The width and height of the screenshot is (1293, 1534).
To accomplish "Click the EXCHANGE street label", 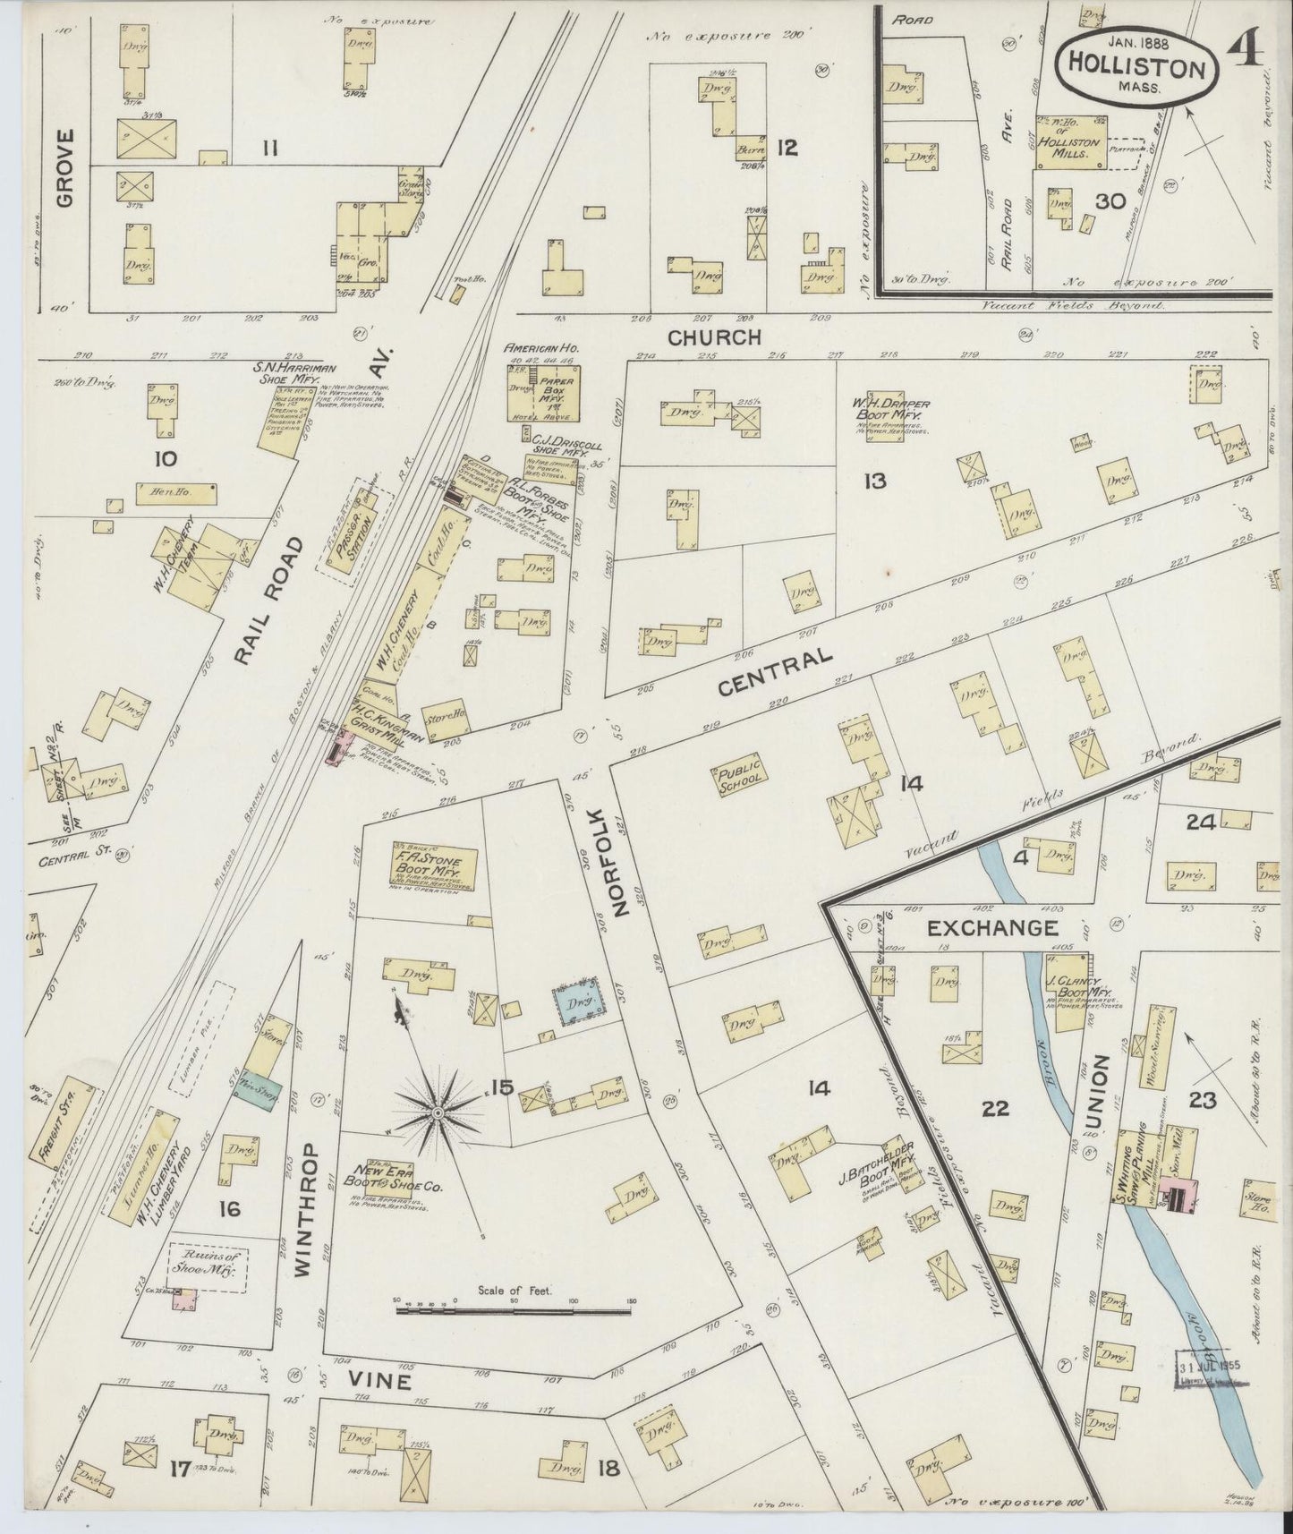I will (x=991, y=928).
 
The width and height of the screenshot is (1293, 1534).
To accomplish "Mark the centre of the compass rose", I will (x=438, y=1112).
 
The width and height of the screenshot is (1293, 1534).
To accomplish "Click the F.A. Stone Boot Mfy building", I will (x=436, y=867).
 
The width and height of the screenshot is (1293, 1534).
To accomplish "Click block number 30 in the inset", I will (x=1110, y=201).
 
